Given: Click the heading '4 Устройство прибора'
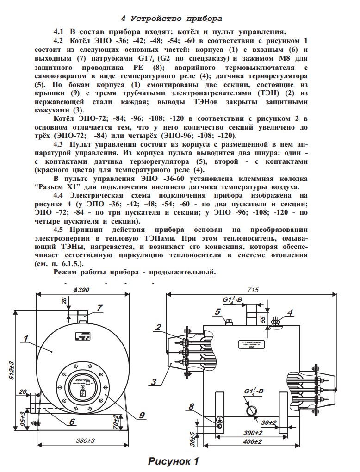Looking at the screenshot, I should coord(172,19).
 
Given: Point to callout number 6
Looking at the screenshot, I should coord(72,422).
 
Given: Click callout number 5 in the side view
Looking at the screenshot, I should coord(217,311).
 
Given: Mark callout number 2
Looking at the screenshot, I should coord(158,327).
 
